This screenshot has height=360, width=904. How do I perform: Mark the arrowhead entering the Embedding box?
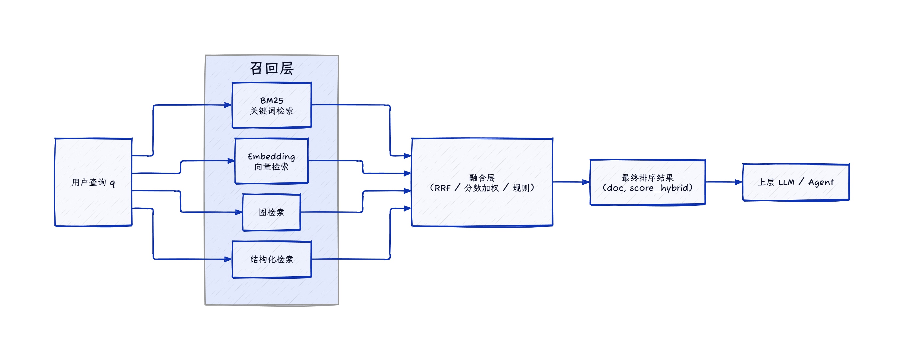(231, 161)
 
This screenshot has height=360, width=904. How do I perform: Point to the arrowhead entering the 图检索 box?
(239, 212)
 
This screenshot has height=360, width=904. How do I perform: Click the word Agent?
(821, 182)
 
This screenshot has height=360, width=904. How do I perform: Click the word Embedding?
(271, 156)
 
